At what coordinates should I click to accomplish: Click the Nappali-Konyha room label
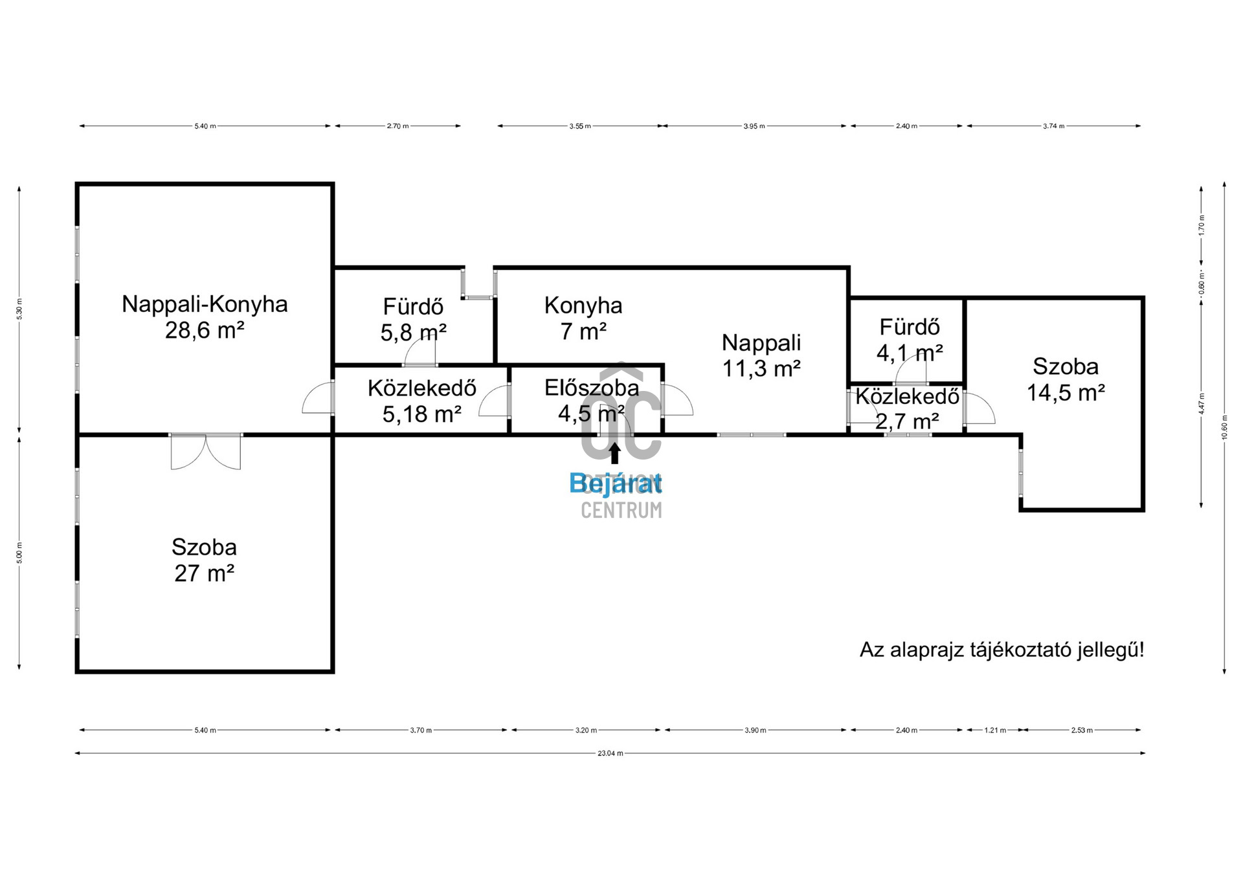click(205, 304)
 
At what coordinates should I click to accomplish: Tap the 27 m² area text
click(204, 573)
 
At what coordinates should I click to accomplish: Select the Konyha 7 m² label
click(583, 318)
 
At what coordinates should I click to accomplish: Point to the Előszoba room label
click(592, 388)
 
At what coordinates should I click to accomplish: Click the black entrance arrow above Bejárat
click(614, 453)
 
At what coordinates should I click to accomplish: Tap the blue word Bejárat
click(615, 483)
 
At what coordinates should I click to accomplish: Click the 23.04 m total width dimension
click(610, 753)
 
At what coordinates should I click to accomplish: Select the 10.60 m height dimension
click(1224, 427)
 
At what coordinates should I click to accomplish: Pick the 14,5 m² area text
click(1066, 393)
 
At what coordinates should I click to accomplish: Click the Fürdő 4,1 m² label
click(910, 340)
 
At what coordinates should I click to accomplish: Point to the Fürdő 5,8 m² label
click(413, 319)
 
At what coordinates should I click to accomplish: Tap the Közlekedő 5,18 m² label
click(422, 401)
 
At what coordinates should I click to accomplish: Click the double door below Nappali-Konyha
click(206, 451)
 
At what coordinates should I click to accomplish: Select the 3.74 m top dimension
click(1053, 126)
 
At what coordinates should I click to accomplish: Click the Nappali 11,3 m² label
click(761, 355)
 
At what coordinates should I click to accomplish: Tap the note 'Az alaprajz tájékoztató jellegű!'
click(1002, 650)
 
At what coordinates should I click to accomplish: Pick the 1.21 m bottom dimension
click(995, 730)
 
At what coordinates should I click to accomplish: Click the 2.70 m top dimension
click(398, 126)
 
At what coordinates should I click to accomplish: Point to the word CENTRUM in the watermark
click(621, 511)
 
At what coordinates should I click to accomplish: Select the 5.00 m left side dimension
click(19, 553)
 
